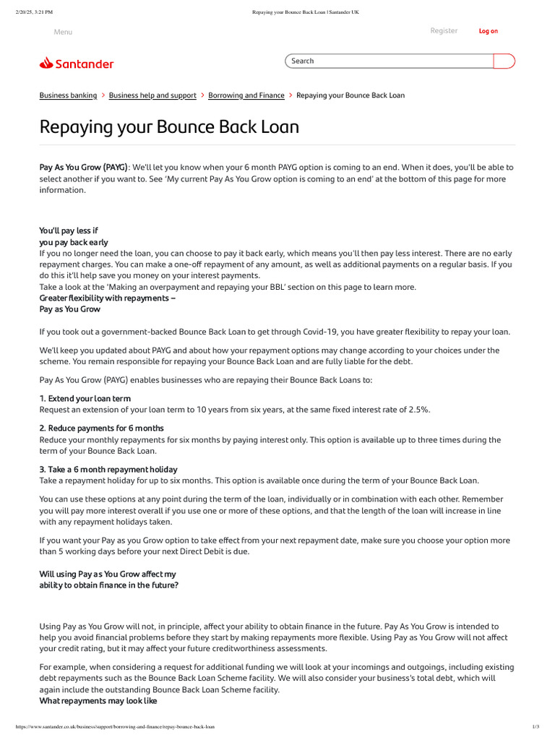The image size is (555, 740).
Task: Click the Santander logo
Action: [x=77, y=64]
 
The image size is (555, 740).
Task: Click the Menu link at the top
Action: [x=63, y=32]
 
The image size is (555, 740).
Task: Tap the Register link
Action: [x=444, y=30]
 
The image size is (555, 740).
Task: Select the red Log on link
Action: [x=489, y=31]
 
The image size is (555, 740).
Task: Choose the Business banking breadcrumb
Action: [x=68, y=95]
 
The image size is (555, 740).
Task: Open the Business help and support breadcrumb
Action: [x=152, y=95]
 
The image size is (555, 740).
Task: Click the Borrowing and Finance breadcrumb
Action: [x=246, y=95]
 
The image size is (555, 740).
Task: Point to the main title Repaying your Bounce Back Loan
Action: [x=169, y=127]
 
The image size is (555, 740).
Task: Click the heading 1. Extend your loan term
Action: [x=85, y=398]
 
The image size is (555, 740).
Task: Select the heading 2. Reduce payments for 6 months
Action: [x=101, y=428]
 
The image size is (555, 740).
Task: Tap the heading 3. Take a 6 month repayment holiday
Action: [x=108, y=469]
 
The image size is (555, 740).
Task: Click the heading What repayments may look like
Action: [x=98, y=701]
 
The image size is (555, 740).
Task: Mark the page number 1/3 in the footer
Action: [x=535, y=726]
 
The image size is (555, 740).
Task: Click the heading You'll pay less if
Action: [x=69, y=231]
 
